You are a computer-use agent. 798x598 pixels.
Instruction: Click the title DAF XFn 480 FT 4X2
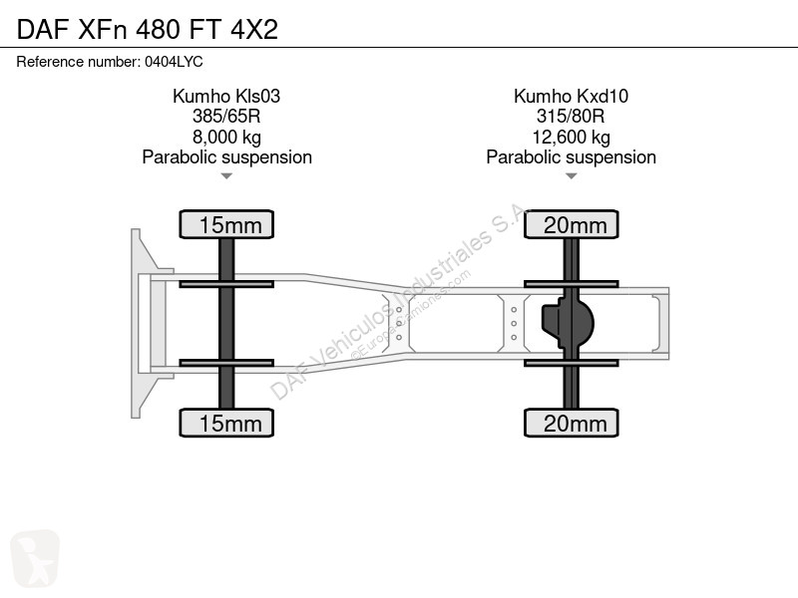147,29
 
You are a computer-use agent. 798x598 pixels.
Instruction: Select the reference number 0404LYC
174,62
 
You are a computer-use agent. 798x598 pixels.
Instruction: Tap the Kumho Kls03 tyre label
226,96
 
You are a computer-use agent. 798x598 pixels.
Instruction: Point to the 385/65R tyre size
226,117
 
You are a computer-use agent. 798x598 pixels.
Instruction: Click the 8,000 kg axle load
226,138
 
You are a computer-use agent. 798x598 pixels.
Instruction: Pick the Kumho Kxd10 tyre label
571,96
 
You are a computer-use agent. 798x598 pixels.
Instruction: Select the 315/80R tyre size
571,117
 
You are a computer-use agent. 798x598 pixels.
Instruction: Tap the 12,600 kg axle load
571,138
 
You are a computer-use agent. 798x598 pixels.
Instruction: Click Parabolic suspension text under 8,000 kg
226,157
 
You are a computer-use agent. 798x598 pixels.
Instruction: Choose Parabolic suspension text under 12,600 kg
571,157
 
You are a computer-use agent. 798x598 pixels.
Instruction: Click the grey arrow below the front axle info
226,176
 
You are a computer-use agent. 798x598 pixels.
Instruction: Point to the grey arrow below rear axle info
571,176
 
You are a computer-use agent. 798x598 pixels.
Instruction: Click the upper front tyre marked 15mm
226,224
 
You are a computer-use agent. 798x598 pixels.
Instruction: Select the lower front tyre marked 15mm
226,423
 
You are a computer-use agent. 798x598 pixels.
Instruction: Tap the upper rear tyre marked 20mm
571,224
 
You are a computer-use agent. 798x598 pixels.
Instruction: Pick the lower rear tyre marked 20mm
571,423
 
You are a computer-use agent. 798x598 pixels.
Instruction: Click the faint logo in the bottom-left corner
35,558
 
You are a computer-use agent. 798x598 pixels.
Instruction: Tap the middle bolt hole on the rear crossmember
514,323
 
